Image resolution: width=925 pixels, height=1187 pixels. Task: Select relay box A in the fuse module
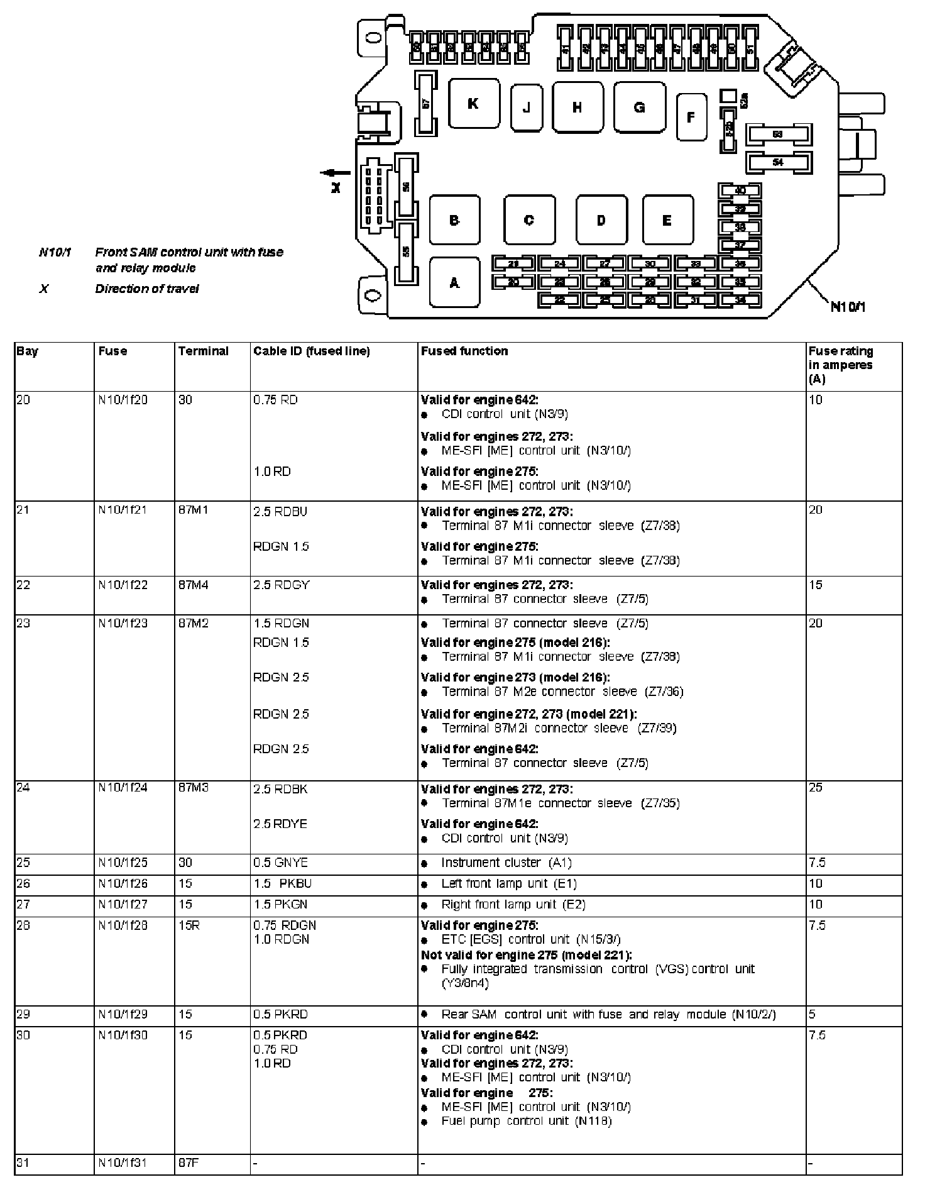coord(454,282)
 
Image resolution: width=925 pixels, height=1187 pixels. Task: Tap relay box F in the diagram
coord(691,117)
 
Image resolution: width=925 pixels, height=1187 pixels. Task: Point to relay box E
coord(667,220)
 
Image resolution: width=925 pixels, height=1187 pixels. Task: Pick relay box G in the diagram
coord(639,107)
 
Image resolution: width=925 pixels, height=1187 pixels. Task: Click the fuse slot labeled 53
coord(778,135)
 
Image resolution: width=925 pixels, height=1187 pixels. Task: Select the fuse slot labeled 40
coord(740,190)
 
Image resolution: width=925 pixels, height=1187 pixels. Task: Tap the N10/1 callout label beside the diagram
coord(848,307)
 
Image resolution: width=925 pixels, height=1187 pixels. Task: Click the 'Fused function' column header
coord(464,351)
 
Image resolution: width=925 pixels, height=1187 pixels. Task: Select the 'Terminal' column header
coord(203,351)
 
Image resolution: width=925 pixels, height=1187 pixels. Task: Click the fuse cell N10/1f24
coord(123,788)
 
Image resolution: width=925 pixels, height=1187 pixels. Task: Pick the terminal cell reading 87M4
coord(193,585)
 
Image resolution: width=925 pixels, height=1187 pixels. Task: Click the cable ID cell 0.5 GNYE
coord(280,863)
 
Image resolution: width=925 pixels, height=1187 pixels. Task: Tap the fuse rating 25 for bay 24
coord(816,788)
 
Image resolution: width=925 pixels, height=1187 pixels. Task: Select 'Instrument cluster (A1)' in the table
coord(506,863)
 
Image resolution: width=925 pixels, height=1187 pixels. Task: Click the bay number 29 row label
coord(23,1015)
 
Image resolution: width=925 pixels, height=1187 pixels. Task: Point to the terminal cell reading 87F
coord(189,1164)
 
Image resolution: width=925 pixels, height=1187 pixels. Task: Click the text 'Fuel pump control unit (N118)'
coord(527,1121)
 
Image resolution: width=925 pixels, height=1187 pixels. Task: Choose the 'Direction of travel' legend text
coord(147,289)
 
